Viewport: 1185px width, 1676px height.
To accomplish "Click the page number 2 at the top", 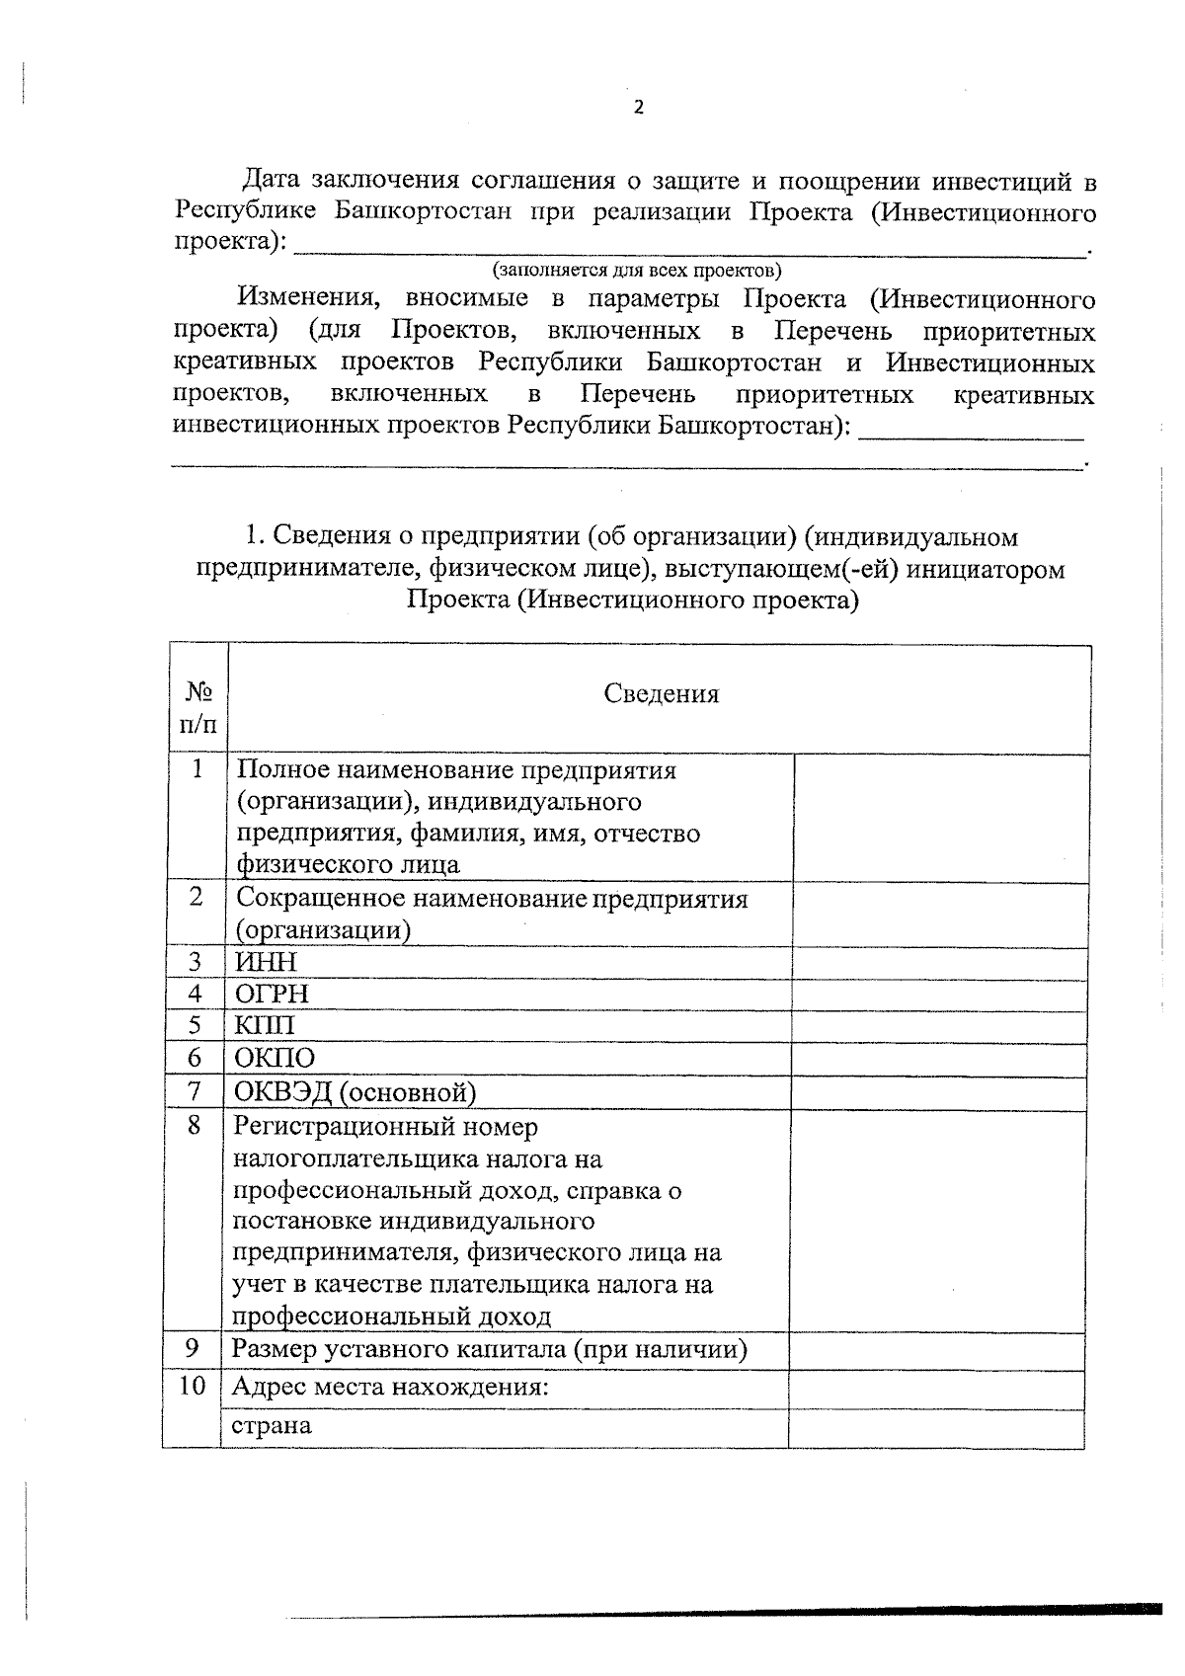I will [x=638, y=108].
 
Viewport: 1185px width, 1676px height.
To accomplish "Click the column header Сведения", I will [x=661, y=694].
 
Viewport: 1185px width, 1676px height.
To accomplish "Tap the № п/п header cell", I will [x=197, y=709].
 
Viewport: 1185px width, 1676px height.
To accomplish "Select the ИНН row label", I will [x=266, y=962].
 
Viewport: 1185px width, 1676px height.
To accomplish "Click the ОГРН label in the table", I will [x=272, y=995].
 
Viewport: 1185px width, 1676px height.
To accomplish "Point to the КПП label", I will [x=264, y=1026].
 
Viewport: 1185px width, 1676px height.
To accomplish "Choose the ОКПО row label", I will [x=275, y=1059].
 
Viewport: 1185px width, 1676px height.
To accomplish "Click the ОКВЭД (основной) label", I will [x=355, y=1092].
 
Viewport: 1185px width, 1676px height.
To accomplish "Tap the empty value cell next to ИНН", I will [x=939, y=962].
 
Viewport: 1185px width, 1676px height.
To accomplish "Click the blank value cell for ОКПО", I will [x=939, y=1059].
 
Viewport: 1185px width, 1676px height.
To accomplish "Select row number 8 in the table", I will [x=194, y=1125].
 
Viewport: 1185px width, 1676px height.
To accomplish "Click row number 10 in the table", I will [x=192, y=1387].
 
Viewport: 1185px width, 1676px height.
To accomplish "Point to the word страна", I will [x=272, y=1426].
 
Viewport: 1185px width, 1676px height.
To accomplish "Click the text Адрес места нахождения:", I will [x=389, y=1387].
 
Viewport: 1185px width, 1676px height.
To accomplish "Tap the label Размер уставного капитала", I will [x=489, y=1349].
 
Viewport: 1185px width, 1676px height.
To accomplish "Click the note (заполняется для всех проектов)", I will [x=637, y=270].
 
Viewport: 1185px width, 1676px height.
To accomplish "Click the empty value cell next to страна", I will [x=935, y=1427].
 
